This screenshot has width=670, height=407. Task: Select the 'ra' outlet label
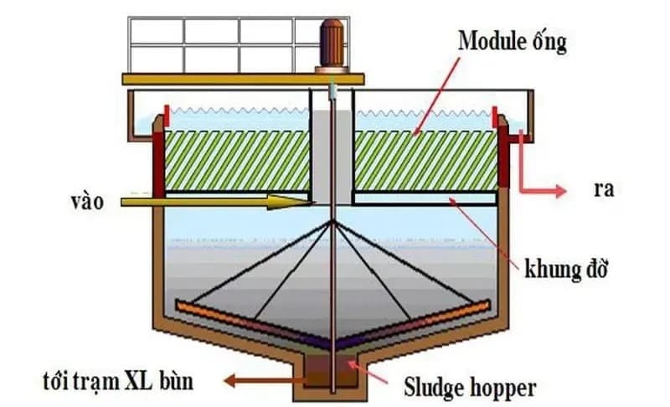pyautogui.click(x=603, y=189)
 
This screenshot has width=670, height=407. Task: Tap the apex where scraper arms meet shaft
pyautogui.click(x=333, y=221)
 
